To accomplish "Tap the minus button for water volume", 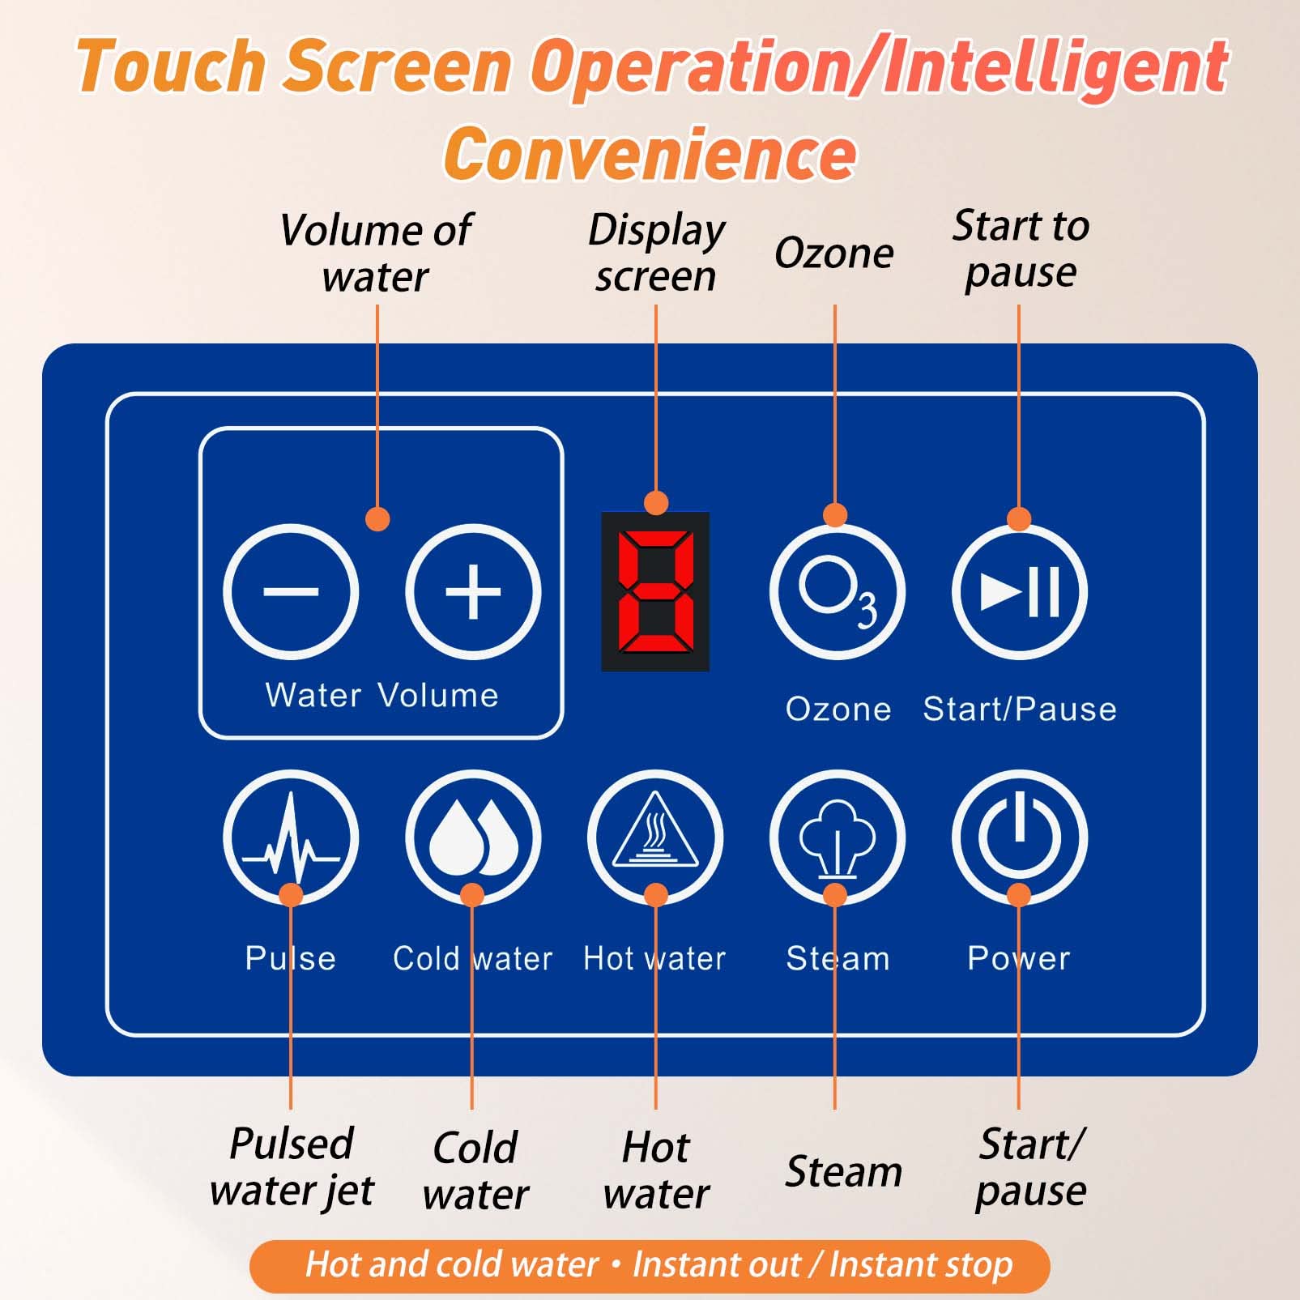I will tap(291, 591).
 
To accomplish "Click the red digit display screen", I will tap(655, 591).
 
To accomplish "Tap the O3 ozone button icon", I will tap(837, 591).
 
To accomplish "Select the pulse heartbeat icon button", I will tap(291, 838).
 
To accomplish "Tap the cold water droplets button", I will tap(473, 838).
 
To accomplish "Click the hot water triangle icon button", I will tap(655, 838).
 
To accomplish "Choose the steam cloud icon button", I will tap(837, 838).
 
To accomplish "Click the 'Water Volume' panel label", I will tap(381, 695).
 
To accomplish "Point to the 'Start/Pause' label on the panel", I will tap(1020, 710).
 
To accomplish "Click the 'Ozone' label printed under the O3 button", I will tap(838, 710).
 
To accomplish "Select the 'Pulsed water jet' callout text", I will tap(292, 1167).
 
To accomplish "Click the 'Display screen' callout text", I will tap(656, 253).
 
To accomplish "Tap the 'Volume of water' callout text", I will tap(376, 253).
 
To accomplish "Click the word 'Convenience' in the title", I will tap(650, 154).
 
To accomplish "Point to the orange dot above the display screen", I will tap(656, 502).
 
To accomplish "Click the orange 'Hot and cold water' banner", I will tap(650, 1264).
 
